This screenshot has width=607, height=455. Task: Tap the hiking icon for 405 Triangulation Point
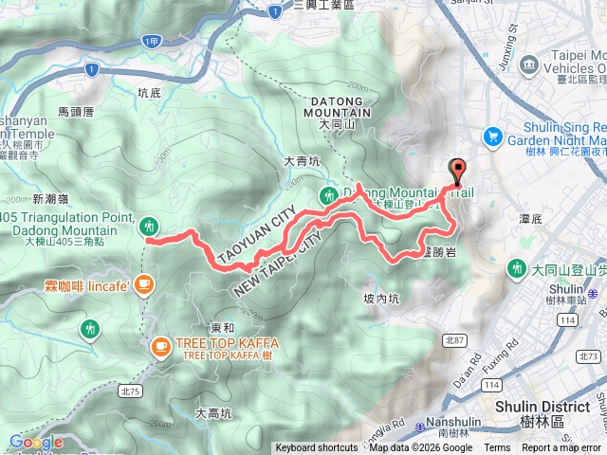[x=148, y=226]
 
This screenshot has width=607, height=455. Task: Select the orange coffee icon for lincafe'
[x=143, y=282]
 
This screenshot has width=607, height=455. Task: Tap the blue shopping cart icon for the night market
[x=492, y=137]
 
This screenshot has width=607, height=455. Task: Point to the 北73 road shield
[x=588, y=355]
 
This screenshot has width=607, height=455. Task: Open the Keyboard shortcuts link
[x=317, y=448]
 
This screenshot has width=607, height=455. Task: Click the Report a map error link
[x=561, y=448]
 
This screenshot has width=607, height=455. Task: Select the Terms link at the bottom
[x=497, y=448]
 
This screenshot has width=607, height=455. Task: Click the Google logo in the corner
[x=36, y=442]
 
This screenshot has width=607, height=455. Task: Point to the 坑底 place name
[x=150, y=93]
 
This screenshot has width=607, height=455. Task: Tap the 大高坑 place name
[x=212, y=413]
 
